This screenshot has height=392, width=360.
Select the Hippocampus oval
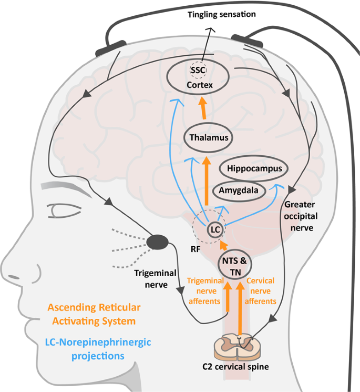[x=251, y=169]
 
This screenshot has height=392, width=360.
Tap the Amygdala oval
[x=239, y=191]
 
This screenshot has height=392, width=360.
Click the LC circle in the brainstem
[x=215, y=229]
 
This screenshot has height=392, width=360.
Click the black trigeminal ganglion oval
[x=157, y=242]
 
